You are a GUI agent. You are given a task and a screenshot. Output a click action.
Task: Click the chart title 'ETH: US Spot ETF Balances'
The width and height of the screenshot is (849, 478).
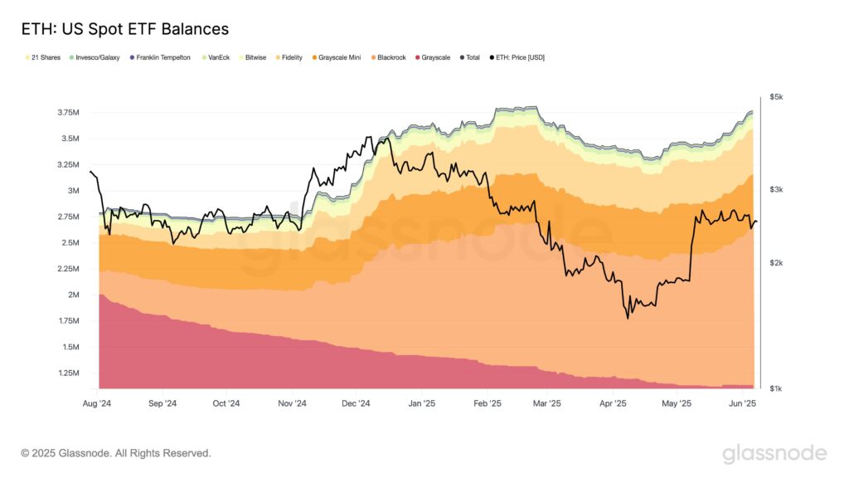click(x=124, y=29)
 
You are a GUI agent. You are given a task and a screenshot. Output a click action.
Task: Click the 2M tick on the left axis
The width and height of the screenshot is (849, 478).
click(x=73, y=295)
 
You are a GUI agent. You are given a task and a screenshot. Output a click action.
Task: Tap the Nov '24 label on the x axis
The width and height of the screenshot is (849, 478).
click(x=291, y=404)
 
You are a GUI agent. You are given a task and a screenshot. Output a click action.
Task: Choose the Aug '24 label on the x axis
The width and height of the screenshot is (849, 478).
click(x=99, y=404)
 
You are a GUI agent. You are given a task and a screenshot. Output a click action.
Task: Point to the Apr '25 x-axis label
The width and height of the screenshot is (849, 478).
click(x=613, y=404)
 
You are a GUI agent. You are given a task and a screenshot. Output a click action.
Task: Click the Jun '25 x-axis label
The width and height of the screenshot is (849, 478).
click(x=742, y=404)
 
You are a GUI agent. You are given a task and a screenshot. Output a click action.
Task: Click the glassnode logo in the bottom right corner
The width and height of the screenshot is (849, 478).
click(x=774, y=453)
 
